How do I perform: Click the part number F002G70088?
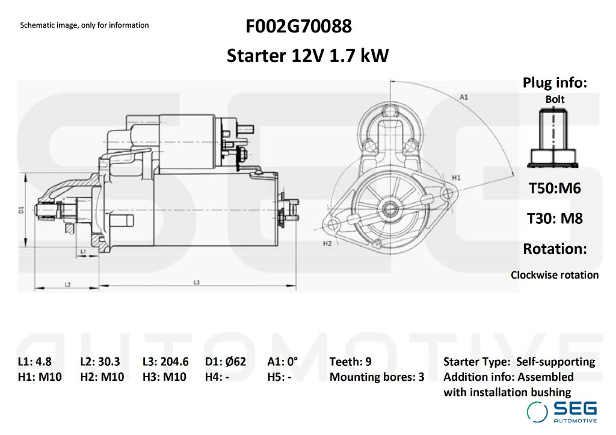point(298,27)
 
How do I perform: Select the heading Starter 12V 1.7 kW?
point(307,56)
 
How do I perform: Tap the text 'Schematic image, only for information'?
point(84,25)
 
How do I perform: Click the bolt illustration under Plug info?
point(554,139)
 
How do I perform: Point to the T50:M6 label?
point(555,188)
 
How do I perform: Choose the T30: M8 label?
point(555,218)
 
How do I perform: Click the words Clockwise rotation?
point(555,275)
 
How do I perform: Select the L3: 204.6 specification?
point(165,362)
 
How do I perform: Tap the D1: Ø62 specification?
point(226,362)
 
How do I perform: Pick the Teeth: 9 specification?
point(350,362)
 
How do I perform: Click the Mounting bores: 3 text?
point(377,377)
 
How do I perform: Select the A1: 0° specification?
point(283,362)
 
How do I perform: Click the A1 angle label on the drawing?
point(464,97)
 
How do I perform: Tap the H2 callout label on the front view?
point(327,244)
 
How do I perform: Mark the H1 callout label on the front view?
point(456,177)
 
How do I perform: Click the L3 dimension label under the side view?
point(196,282)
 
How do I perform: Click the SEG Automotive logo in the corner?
point(562,412)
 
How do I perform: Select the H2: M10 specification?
point(102,377)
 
